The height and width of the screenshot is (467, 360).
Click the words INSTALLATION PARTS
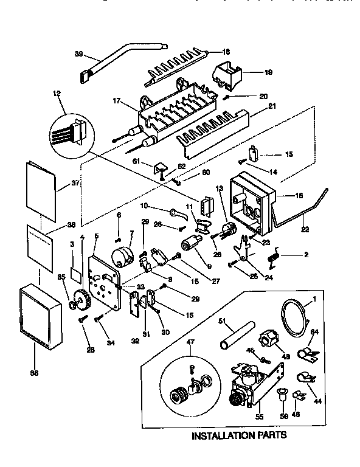(x=239, y=436)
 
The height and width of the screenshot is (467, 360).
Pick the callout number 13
(x=220, y=189)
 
